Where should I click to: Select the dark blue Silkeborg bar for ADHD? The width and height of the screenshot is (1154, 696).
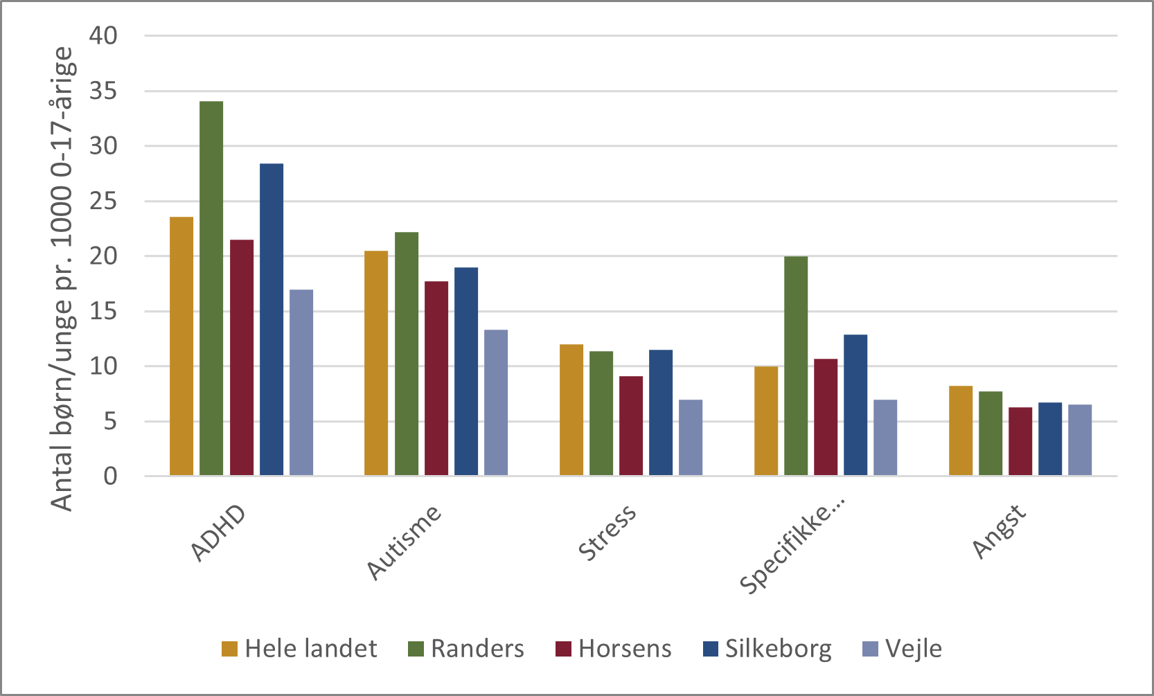click(272, 319)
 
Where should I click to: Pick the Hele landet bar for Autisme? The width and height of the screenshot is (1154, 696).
click(376, 363)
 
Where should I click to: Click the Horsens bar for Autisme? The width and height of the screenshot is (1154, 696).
click(436, 378)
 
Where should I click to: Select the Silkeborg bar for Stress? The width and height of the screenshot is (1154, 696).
click(661, 413)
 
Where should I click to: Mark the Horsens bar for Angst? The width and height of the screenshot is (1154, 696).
click(1020, 441)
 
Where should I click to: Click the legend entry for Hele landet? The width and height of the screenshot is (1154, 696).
click(299, 649)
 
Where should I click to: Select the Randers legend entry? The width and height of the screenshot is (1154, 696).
click(466, 649)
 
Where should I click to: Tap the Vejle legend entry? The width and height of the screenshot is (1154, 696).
click(903, 649)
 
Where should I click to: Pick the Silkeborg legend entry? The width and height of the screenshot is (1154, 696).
click(767, 649)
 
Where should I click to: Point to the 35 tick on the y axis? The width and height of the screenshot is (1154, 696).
click(103, 91)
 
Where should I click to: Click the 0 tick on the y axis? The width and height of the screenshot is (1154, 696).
click(110, 476)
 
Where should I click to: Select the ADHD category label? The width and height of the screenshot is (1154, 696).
click(219, 533)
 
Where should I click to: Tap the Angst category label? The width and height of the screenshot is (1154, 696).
click(999, 531)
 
